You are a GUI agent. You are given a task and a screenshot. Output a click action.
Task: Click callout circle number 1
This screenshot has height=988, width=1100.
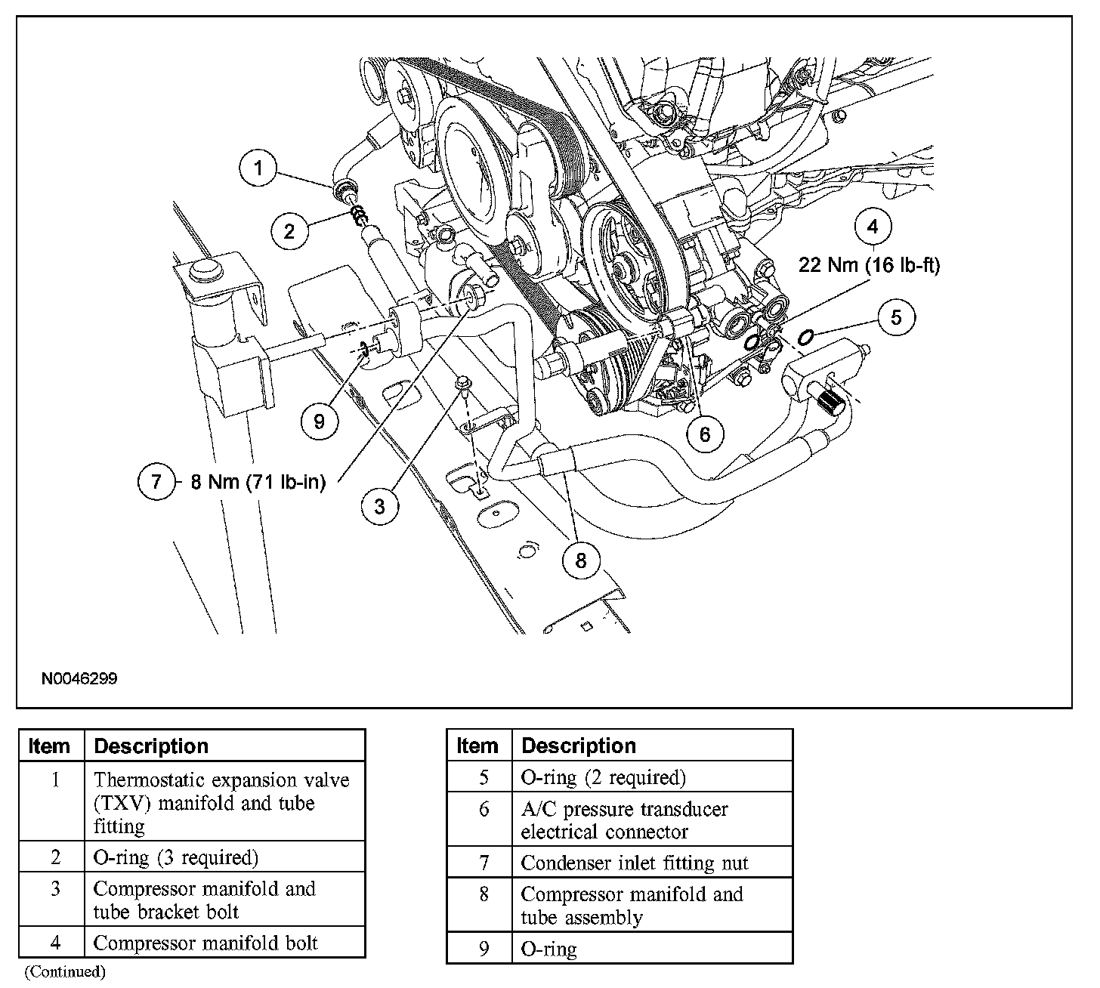(259, 168)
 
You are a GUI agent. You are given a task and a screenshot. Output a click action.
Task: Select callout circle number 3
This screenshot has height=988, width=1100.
(379, 505)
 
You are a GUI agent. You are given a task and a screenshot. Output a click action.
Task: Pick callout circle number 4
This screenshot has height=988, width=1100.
(873, 226)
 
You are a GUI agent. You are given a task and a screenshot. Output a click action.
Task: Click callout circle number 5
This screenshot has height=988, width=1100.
(896, 316)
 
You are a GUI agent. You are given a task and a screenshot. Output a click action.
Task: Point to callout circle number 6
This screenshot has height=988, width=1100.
(705, 434)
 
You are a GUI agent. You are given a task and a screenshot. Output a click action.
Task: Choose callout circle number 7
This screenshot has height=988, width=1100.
(156, 481)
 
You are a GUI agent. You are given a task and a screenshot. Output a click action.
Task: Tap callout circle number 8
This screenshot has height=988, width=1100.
(580, 560)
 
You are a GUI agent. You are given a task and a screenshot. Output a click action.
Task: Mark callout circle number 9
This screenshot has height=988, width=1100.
(319, 421)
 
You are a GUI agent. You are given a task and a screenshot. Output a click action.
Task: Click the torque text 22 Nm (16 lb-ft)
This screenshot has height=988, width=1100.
(869, 266)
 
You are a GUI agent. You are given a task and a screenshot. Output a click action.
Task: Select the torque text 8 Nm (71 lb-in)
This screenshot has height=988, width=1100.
(258, 482)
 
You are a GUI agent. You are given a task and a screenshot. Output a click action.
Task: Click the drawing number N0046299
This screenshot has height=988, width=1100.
(79, 678)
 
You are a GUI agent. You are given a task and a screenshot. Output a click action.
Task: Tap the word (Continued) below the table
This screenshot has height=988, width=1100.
(65, 971)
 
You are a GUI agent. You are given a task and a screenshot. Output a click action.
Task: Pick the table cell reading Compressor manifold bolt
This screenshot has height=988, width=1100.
(205, 943)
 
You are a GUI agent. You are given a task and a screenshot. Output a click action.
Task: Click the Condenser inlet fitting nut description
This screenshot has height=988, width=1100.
(635, 862)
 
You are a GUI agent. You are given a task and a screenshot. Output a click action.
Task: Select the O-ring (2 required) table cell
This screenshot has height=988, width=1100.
(604, 777)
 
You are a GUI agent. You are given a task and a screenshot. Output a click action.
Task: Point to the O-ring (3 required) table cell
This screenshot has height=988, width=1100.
(175, 857)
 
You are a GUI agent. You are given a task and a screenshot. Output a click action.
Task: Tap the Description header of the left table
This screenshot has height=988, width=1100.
(151, 746)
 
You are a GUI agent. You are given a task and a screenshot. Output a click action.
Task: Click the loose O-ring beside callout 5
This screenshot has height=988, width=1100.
(805, 335)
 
